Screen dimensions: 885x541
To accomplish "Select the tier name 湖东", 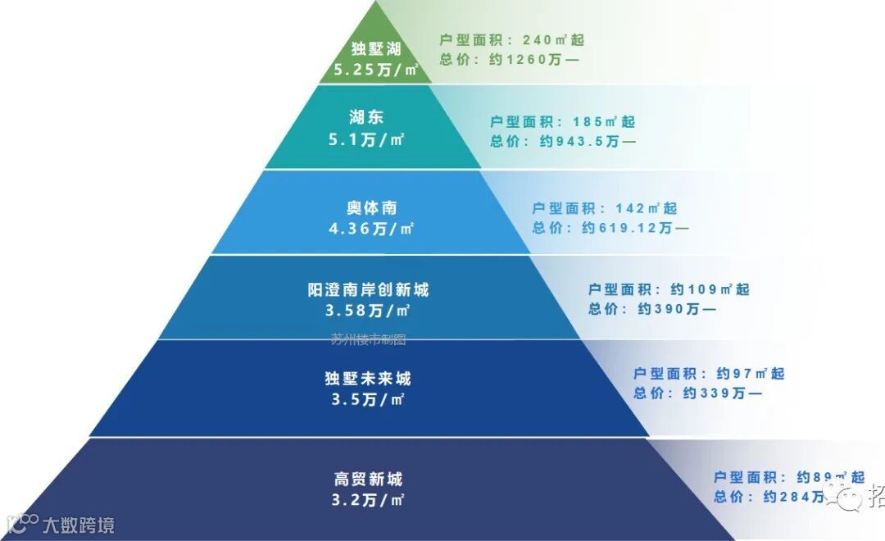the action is (x=366, y=118).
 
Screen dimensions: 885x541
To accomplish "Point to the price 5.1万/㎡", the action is (x=366, y=139).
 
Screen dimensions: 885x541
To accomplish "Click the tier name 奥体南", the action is (x=371, y=207).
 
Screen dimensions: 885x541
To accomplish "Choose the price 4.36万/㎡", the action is (x=371, y=229).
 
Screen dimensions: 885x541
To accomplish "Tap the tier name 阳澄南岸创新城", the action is (x=368, y=289).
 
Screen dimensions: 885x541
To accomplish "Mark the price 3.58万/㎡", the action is (x=368, y=311).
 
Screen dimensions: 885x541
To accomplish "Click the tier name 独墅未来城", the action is (x=368, y=379).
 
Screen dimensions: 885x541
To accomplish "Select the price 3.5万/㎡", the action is (x=368, y=400).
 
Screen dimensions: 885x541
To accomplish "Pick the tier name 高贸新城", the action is (x=369, y=479).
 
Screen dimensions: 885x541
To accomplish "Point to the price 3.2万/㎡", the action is (x=369, y=499).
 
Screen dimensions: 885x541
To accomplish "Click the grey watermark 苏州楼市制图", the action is (x=368, y=339).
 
